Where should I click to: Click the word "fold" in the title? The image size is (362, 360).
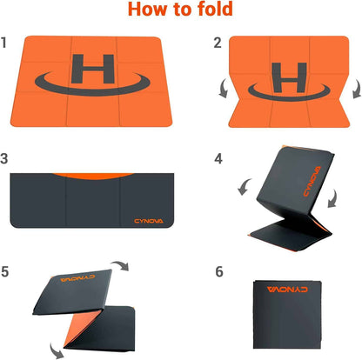click(216, 9)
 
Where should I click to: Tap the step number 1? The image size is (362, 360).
click(3, 43)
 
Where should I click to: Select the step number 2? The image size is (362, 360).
click(218, 43)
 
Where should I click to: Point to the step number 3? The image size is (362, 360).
click(4, 158)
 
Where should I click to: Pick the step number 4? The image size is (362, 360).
click(218, 158)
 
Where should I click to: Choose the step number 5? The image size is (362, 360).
click(5, 271)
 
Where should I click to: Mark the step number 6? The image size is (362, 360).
click(219, 271)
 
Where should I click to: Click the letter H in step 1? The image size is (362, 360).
click(93, 69)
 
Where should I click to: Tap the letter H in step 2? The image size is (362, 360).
click(289, 77)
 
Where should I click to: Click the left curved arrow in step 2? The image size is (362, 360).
click(224, 89)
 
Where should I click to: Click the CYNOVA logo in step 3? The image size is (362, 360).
click(149, 221)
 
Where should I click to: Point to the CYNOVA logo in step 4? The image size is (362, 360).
click(312, 181)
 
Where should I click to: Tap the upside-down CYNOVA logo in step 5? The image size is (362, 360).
click(77, 278)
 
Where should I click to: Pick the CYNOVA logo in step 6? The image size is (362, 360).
click(287, 290)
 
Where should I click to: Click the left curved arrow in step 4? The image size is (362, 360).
click(245, 186)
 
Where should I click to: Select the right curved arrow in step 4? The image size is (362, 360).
click(332, 198)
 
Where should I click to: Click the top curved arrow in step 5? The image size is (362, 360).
click(120, 265)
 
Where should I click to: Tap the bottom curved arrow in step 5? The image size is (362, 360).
click(56, 350)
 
